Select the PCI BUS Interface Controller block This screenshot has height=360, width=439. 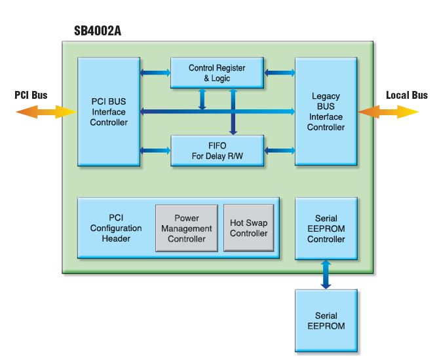pyautogui.click(x=109, y=112)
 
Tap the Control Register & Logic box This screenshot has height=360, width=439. pyautogui.click(x=217, y=73)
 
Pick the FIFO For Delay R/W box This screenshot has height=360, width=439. pyautogui.click(x=217, y=150)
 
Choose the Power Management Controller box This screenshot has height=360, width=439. pyautogui.click(x=186, y=228)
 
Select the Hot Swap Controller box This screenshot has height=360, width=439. pyautogui.click(x=248, y=228)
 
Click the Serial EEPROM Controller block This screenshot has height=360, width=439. pyautogui.click(x=326, y=228)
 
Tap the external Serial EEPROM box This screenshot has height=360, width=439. pyautogui.click(x=326, y=321)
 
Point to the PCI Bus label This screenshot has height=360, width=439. pyautogui.click(x=31, y=95)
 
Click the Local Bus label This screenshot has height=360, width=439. pyautogui.click(x=406, y=95)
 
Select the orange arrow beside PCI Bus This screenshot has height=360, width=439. pyautogui.click(x=46, y=112)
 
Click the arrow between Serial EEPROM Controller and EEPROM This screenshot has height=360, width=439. pyautogui.click(x=326, y=274)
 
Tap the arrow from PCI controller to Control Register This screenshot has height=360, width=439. pyautogui.click(x=155, y=73)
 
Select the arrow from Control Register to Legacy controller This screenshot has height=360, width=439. pyautogui.click(x=279, y=73)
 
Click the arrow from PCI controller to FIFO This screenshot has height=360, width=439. pyautogui.click(x=155, y=151)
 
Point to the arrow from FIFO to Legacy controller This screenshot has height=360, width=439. pyautogui.click(x=279, y=151)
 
